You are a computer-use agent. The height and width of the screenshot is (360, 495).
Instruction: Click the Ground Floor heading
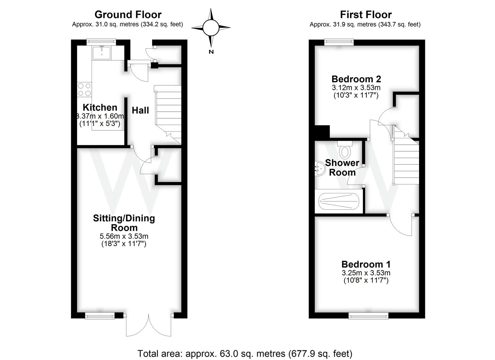point(128,15)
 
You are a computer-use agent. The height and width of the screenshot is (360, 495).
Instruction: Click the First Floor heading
point(366,15)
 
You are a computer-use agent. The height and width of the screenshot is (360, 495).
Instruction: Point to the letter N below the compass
point(211,52)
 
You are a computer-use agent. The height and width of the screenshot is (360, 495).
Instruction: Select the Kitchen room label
point(100,107)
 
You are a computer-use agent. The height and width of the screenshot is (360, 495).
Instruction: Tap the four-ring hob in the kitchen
point(84,89)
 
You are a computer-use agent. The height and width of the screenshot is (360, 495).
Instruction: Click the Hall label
point(140,110)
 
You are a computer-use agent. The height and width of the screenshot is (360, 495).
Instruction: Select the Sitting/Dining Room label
point(124,223)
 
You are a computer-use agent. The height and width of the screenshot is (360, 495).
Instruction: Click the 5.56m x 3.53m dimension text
point(124,236)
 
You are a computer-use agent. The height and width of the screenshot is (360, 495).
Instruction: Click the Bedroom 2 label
point(356,79)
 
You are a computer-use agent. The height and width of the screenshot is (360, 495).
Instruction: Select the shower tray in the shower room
point(339,201)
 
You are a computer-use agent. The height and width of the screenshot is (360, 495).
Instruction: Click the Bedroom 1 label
point(366,264)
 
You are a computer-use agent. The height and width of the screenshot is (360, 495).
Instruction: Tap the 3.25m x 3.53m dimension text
point(366,273)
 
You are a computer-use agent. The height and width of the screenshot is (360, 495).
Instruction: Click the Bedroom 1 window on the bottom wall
point(368,315)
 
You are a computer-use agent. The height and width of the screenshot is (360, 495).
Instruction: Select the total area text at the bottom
point(245,353)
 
